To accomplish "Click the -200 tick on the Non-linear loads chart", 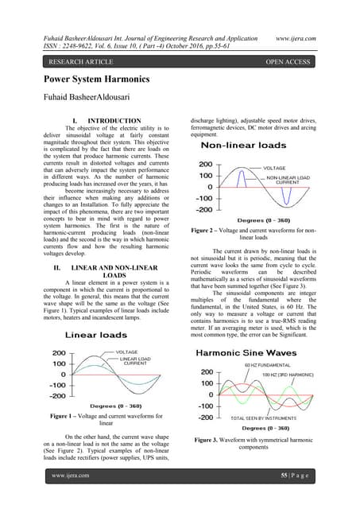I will pos(205,211).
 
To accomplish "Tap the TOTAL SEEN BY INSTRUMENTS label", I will pos(270,417).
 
